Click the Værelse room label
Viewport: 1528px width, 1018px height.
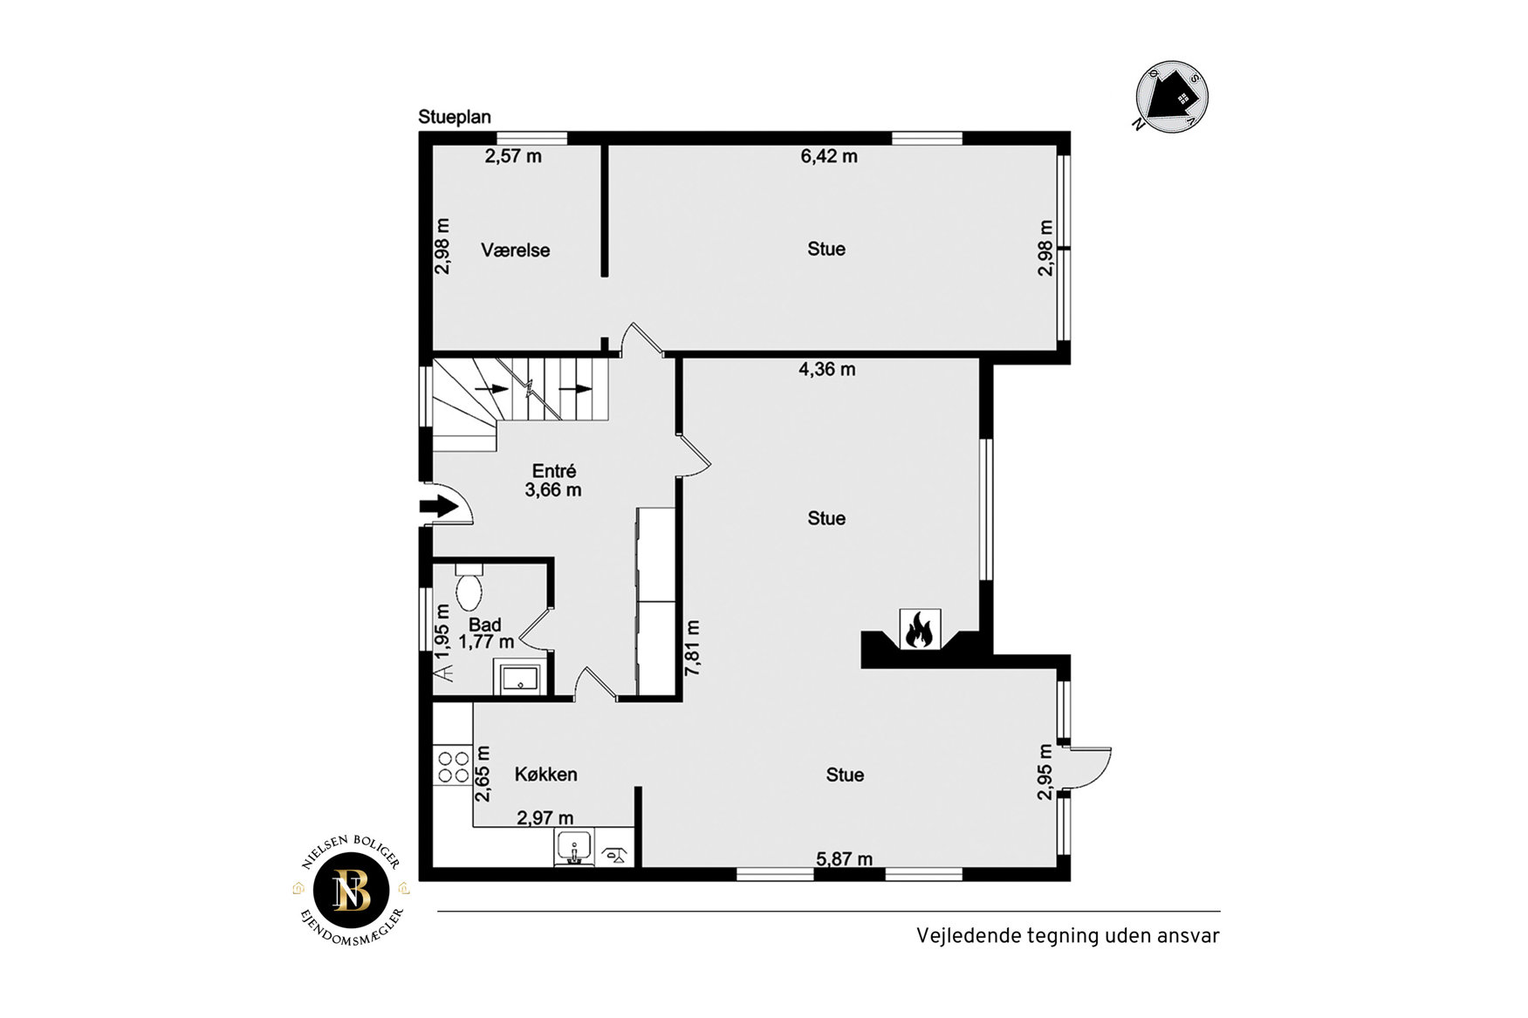515,250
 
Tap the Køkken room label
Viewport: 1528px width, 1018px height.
545,775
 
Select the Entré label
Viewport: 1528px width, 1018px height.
554,471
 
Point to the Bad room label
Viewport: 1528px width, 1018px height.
485,625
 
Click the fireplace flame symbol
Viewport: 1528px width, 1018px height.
920,629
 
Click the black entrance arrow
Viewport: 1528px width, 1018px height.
439,506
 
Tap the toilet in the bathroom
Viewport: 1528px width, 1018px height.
469,587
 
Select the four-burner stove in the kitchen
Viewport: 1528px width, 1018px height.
453,767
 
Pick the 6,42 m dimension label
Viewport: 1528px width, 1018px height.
829,156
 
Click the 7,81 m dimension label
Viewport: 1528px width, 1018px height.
693,648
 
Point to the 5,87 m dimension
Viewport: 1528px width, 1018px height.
844,859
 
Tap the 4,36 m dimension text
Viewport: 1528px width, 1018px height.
827,369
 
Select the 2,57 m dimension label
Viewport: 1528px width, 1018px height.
513,156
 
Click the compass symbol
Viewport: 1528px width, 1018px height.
1172,97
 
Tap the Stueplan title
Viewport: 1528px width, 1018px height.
455,117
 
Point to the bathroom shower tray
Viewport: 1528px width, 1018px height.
520,677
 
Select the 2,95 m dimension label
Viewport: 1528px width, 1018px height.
1045,772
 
